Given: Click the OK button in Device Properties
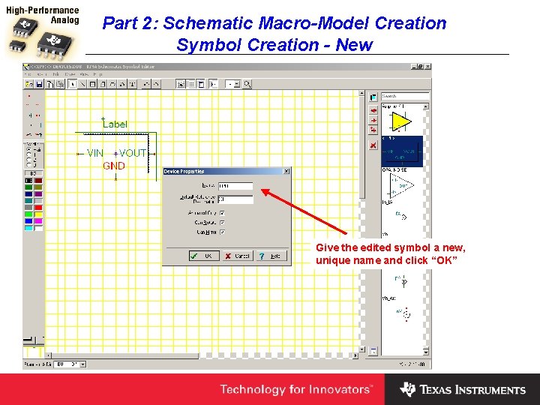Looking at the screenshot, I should pyautogui.click(x=203, y=256).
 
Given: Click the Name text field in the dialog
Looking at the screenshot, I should pyautogui.click(x=235, y=185).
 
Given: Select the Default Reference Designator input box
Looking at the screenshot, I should pyautogui.click(x=235, y=199).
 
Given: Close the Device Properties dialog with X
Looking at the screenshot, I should pyautogui.click(x=286, y=172).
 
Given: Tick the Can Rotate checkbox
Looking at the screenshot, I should pyautogui.click(x=223, y=223).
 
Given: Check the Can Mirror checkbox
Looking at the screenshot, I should pyautogui.click(x=223, y=232).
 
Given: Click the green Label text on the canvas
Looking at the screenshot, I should pyautogui.click(x=115, y=124).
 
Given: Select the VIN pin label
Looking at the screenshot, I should pyautogui.click(x=95, y=153).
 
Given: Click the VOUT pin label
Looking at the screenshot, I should pyautogui.click(x=133, y=153).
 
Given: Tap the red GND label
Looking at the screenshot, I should pyautogui.click(x=114, y=166).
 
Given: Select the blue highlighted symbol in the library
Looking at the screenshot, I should pyautogui.click(x=402, y=151).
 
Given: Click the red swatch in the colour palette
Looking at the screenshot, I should pyautogui.click(x=38, y=207).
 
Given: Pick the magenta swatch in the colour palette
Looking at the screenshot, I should pyautogui.click(x=38, y=220).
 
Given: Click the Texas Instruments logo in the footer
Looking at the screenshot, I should pyautogui.click(x=463, y=389).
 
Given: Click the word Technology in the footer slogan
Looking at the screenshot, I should pyautogui.click(x=251, y=389).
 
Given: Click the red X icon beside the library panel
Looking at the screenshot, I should pyautogui.click(x=373, y=145).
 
